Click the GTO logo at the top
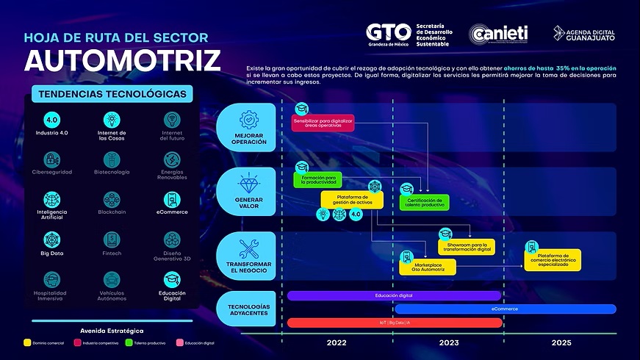pos(389,34)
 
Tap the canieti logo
pos(500,35)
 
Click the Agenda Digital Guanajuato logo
pos(584,34)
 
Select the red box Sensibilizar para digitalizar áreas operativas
pos(324,122)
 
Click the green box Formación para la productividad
pos(318,180)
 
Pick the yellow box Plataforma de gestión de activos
pos(352,199)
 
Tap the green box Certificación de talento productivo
pos(424,202)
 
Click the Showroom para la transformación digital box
pos(467,247)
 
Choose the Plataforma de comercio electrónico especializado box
pos(553,259)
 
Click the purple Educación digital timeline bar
pos(394,295)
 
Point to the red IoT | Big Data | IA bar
pos(394,323)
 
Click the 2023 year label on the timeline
pos(448,343)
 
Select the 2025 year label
pos(561,343)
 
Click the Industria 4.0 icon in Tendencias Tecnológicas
pos(51,120)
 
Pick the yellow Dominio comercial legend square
pos(27,342)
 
